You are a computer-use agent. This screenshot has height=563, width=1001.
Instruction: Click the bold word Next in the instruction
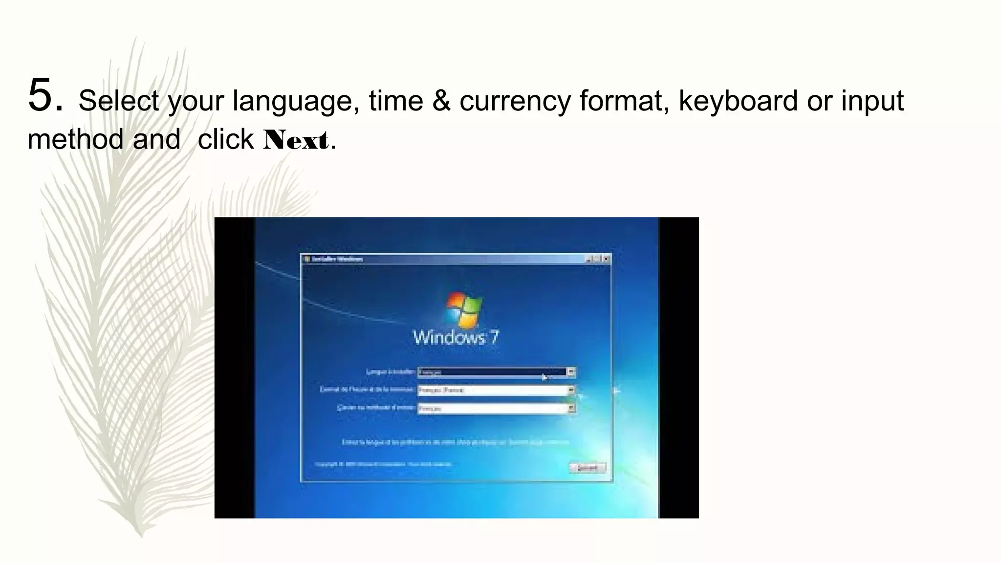point(296,140)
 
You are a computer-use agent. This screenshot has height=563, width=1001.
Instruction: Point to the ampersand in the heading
point(441,101)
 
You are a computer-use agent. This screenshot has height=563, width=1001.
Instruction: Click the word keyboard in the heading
point(738,101)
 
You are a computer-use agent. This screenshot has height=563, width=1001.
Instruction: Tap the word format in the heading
point(624,101)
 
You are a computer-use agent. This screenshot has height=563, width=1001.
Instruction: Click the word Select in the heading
point(119,101)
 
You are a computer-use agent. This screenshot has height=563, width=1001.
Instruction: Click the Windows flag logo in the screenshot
point(464,310)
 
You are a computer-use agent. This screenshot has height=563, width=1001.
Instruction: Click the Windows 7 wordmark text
point(456,338)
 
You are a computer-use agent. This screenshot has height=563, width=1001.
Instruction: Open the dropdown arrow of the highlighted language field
point(570,372)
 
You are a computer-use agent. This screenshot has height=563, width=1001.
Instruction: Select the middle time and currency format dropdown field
point(491,390)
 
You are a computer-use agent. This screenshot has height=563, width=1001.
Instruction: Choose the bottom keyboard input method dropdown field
point(491,409)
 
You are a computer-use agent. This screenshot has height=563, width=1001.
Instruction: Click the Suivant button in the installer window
point(588,468)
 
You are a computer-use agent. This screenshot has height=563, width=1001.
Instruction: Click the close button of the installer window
point(607,259)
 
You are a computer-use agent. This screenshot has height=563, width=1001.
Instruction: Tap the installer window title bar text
point(337,259)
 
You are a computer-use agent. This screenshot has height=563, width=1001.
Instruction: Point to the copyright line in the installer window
point(383,464)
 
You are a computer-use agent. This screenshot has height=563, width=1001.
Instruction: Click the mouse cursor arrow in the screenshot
point(544,377)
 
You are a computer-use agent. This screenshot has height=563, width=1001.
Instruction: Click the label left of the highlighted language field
point(391,372)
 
